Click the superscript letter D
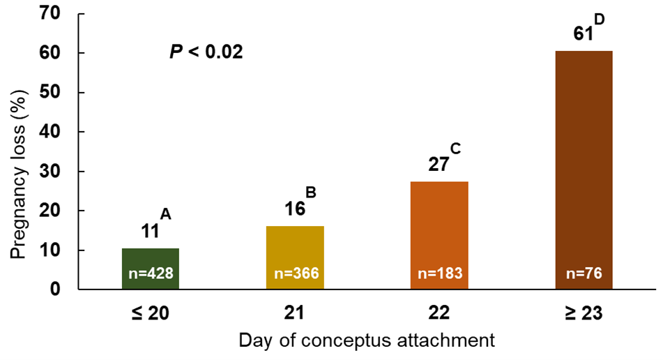point(598,19)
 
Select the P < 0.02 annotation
point(206,52)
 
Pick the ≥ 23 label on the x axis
point(584,314)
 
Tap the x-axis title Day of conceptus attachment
point(367,341)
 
